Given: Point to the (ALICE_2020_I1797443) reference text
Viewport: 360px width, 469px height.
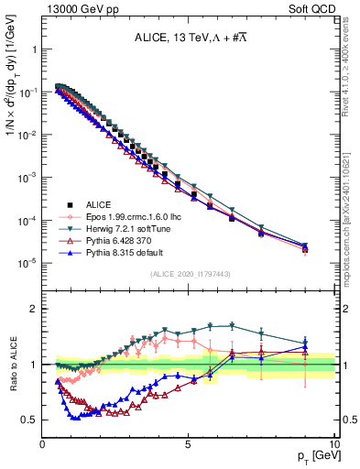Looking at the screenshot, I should (x=190, y=274).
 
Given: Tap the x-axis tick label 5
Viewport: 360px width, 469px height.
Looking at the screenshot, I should (x=188, y=443).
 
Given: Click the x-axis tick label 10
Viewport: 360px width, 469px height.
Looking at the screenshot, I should (x=333, y=443).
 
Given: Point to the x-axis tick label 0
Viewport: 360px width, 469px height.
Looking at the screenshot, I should (x=42, y=443).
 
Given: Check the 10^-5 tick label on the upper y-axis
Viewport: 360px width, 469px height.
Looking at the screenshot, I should (x=27, y=263).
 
